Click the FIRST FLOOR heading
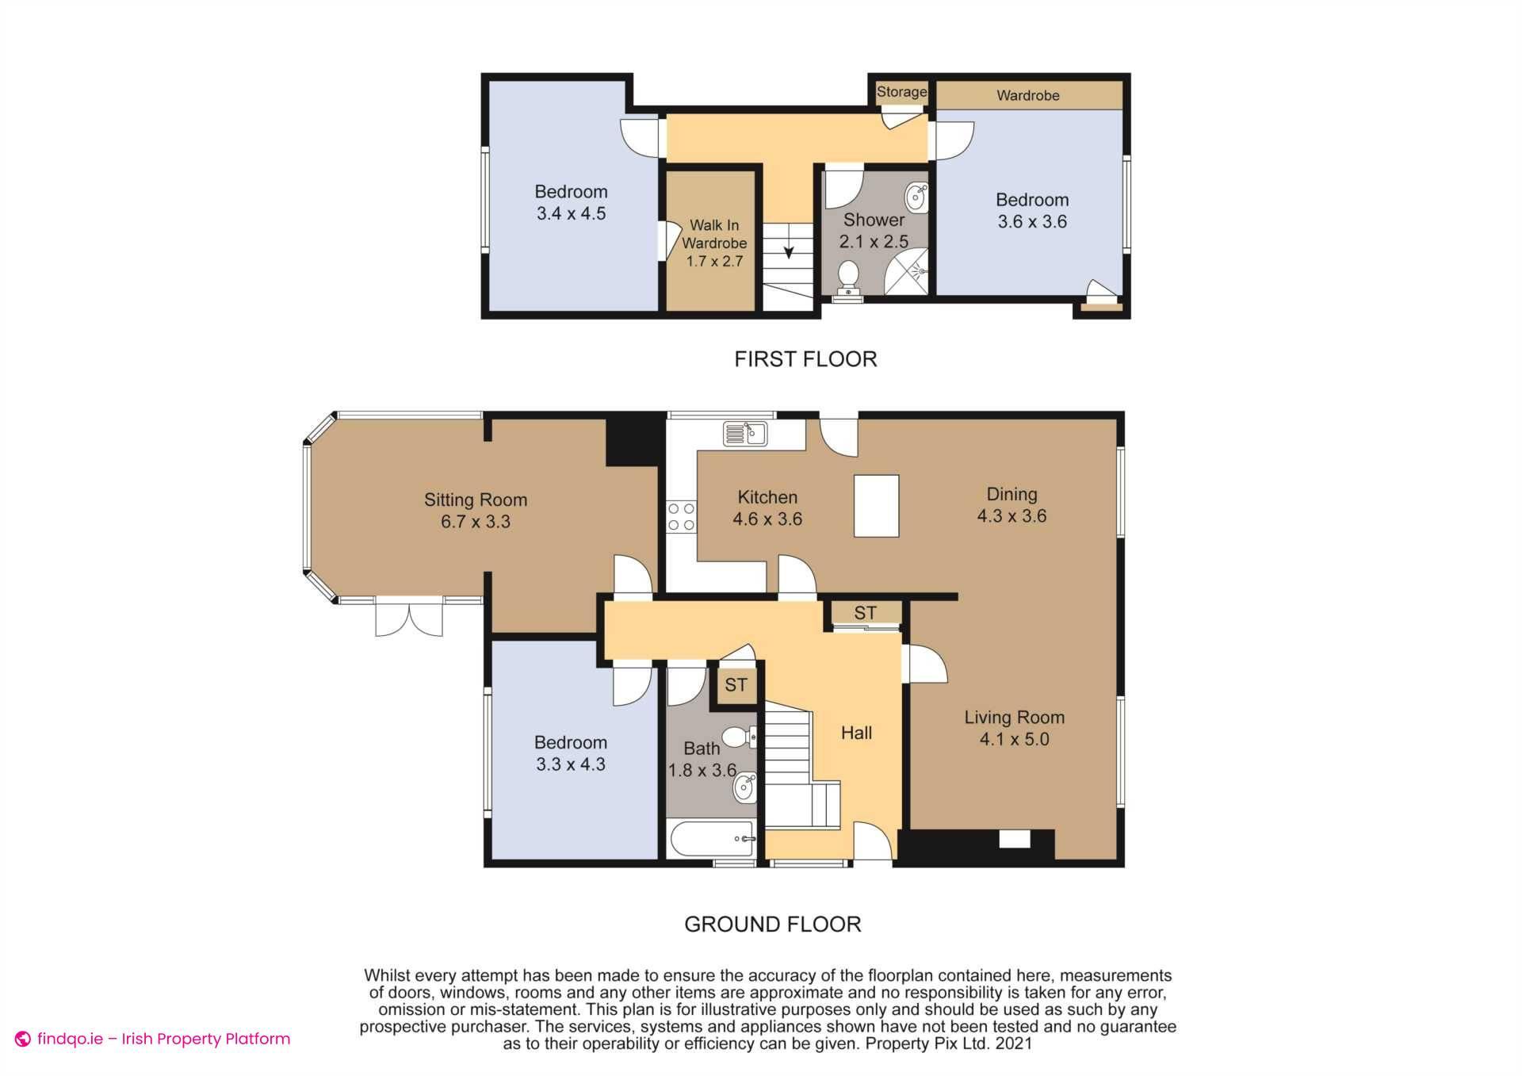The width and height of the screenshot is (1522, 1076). [805, 359]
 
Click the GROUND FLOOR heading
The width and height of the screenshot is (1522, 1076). [772, 924]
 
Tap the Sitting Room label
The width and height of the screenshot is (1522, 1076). [475, 500]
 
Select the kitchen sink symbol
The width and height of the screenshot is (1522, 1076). [745, 434]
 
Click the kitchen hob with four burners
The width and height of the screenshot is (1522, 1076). [681, 516]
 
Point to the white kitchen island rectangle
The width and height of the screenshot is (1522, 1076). [876, 506]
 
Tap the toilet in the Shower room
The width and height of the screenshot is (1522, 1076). [848, 278]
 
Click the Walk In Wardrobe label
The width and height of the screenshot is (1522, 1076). [713, 235]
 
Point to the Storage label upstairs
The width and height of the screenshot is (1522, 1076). [901, 92]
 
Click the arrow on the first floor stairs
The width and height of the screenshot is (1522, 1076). [789, 251]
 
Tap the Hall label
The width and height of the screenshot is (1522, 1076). [856, 733]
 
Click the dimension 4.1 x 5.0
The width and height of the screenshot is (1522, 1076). [1014, 740]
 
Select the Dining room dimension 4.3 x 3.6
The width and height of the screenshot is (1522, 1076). [1011, 516]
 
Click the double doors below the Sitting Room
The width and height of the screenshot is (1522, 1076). [409, 618]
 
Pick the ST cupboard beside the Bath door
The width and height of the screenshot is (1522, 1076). [736, 684]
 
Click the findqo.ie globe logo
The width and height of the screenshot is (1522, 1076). [23, 1039]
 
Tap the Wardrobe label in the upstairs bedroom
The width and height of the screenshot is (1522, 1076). [1027, 95]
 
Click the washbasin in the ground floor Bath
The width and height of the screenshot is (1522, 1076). [744, 788]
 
